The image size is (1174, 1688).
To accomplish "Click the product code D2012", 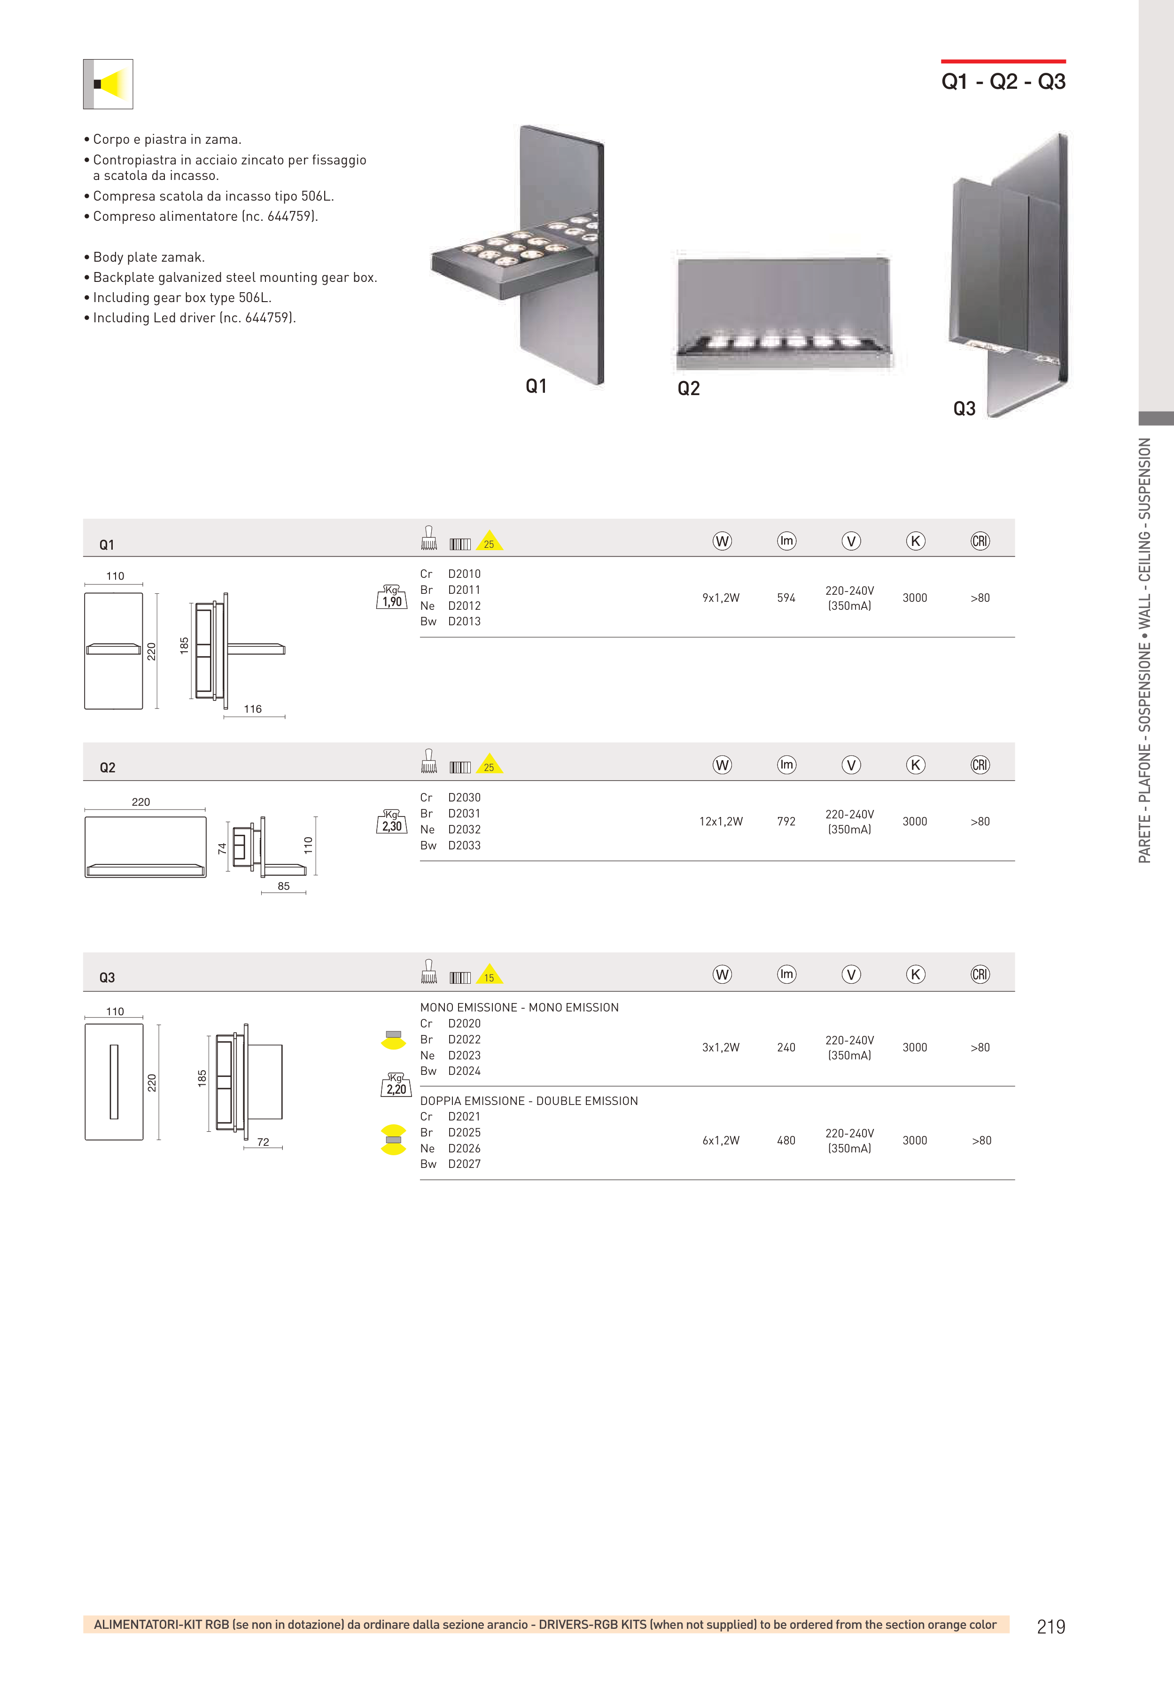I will pyautogui.click(x=464, y=606).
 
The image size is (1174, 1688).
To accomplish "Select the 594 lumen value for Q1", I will pyautogui.click(x=786, y=598).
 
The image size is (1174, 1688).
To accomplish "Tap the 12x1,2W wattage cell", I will pyautogui.click(x=721, y=821).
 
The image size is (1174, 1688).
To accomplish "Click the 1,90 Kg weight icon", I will pyautogui.click(x=392, y=598).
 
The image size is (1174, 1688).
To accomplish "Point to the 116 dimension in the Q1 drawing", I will pyautogui.click(x=253, y=709).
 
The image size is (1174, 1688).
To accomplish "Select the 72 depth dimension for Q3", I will pyautogui.click(x=263, y=1142).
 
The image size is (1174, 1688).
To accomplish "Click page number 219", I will pyautogui.click(x=1050, y=1626).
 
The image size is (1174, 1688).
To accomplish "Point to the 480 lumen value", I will pyautogui.click(x=786, y=1140).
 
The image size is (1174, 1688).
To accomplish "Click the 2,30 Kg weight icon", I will pyautogui.click(x=392, y=822).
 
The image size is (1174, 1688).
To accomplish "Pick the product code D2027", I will pyautogui.click(x=464, y=1164).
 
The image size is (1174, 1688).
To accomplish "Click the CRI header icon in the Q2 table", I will pyautogui.click(x=980, y=764).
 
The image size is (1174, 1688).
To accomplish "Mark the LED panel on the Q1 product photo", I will pyautogui.click(x=514, y=254).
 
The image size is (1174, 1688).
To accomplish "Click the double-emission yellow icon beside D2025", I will pyautogui.click(x=393, y=1140).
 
